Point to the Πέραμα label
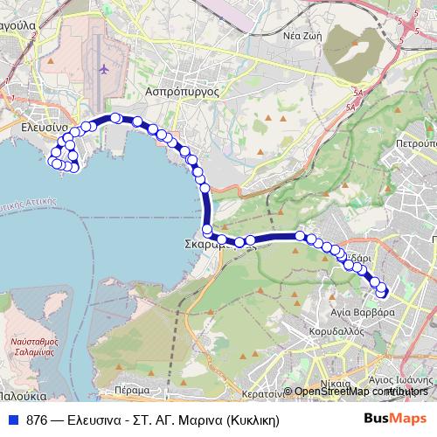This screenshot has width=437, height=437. [x=132, y=391]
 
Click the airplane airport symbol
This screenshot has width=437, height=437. [x=104, y=69]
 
